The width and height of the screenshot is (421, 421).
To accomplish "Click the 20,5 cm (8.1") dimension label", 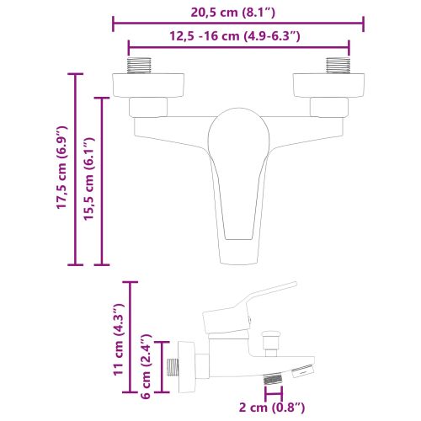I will (x=237, y=12).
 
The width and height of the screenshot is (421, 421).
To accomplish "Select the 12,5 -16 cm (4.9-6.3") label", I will (x=237, y=35).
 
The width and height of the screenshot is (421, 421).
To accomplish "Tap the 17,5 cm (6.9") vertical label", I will (x=61, y=168).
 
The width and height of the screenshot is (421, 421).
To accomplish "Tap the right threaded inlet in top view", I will (x=338, y=65).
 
